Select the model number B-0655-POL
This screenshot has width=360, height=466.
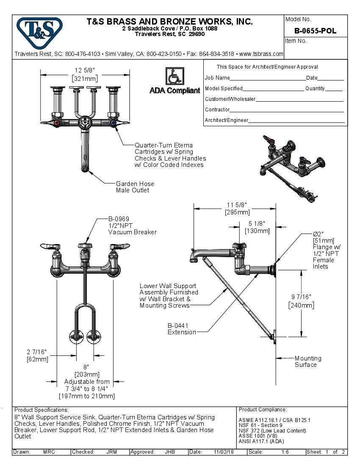pos(316,31)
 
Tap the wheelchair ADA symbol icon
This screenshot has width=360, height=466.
pos(174,77)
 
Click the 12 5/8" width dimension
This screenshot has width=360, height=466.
pos(85,75)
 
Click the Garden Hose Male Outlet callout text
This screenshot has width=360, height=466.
pos(135,187)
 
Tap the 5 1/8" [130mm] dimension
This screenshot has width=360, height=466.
pos(257,227)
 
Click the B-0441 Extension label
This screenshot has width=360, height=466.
pos(182,329)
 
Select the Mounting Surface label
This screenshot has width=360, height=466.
pos(308,361)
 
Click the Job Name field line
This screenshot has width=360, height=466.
pos(267,78)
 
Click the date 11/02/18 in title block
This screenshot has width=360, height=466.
pos(224,452)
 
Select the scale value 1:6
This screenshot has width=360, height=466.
pos(285,452)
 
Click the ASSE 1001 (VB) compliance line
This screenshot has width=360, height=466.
pos(258,435)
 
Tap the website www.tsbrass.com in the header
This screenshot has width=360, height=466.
pos(261,54)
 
